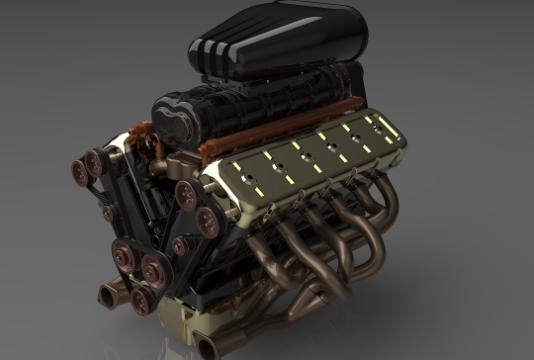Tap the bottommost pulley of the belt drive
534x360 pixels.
coord(142,298)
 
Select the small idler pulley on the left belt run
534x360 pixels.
coord(109,213)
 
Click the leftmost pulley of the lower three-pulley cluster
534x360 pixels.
coord(125,253)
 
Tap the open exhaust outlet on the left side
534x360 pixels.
coord(106,294)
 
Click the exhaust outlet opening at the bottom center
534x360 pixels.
coord(207,345)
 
